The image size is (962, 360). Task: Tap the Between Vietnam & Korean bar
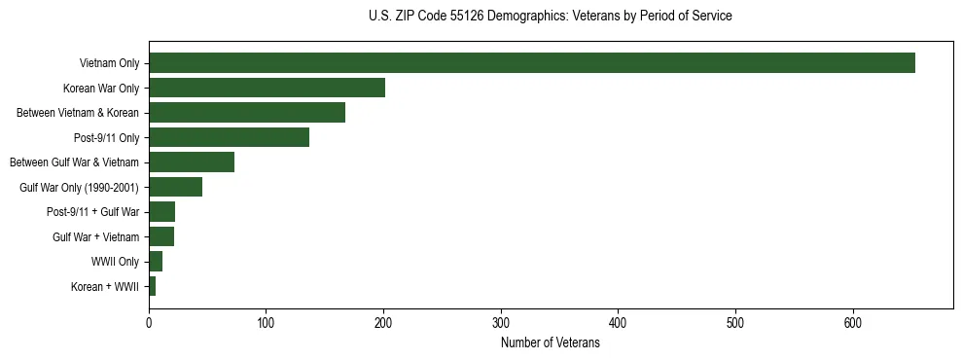pos(247,113)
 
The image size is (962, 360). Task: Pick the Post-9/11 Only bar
pos(229,137)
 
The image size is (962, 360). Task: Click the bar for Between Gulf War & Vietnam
pos(192,162)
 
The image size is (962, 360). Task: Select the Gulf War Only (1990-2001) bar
pos(175,187)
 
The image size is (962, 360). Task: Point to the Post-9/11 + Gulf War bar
pos(161,212)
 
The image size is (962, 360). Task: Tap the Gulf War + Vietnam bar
pos(161,236)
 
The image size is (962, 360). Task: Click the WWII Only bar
pos(156,262)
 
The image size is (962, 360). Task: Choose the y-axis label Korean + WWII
pos(105,287)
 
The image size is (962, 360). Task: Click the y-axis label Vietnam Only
pos(109,64)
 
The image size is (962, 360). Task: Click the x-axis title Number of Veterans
pos(550,342)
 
